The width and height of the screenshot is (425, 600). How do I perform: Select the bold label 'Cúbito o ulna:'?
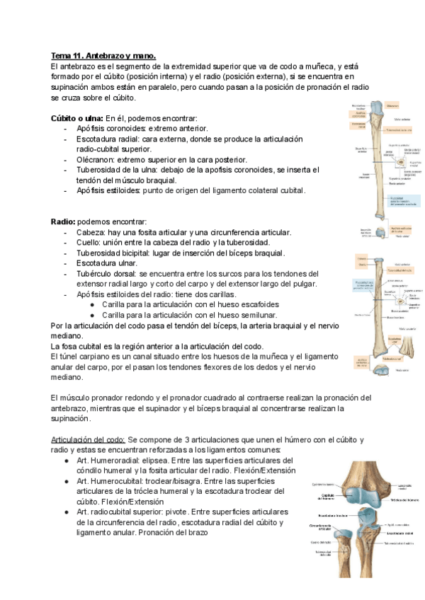coord(77,117)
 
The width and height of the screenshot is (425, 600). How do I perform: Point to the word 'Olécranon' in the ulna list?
coord(96,160)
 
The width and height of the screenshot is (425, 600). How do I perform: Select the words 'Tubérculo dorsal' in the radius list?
coord(106,273)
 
